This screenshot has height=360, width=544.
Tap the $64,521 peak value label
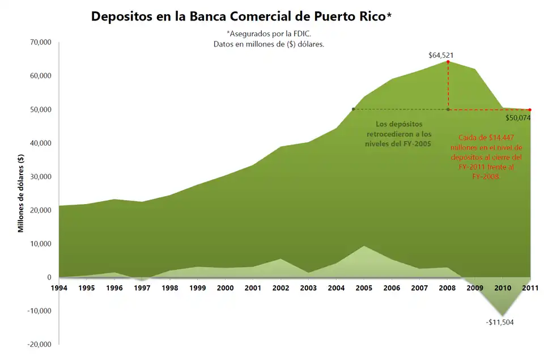point(441,56)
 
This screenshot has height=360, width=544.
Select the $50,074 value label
point(519,118)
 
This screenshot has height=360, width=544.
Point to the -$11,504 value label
point(499,322)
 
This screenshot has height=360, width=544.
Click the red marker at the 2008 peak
point(448,61)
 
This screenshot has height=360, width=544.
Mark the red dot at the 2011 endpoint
point(530,110)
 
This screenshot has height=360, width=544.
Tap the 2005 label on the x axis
point(364,288)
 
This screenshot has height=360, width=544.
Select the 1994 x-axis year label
point(59,288)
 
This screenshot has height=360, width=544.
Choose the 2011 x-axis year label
point(530,288)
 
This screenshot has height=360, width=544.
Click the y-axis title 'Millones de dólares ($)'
point(21,193)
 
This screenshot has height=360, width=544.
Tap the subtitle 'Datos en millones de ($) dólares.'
point(269,44)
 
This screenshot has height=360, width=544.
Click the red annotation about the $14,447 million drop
point(490,157)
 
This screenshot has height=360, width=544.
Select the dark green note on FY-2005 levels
point(399,134)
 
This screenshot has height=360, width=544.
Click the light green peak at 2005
point(364,247)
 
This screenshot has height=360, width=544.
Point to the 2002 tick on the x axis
point(280,288)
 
